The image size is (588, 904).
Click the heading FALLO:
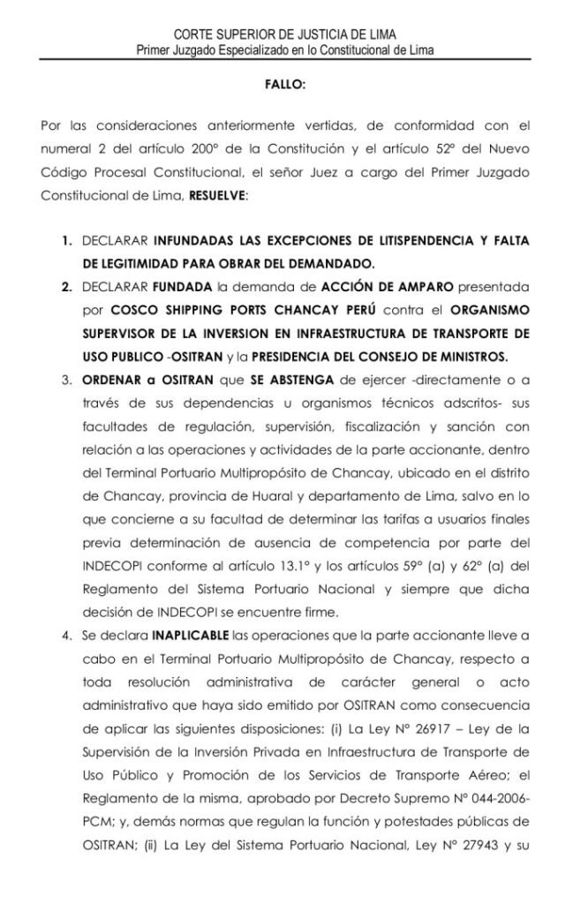click(285, 87)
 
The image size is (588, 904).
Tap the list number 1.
click(66, 241)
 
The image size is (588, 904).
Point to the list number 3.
click(66, 380)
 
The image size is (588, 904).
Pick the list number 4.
click(66, 633)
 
